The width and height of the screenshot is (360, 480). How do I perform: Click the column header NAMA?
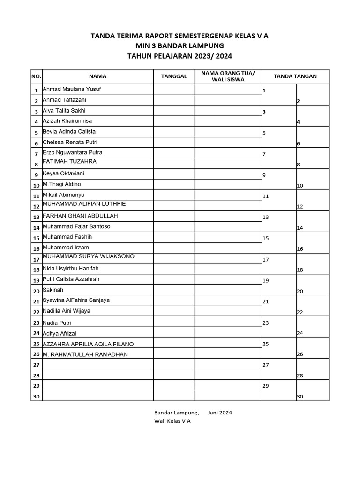click(97, 76)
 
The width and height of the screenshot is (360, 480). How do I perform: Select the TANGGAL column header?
click(174, 76)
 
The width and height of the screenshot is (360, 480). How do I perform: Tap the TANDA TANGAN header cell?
click(295, 76)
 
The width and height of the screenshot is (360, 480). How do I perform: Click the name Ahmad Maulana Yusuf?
click(72, 89)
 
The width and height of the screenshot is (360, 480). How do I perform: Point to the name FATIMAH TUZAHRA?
click(69, 162)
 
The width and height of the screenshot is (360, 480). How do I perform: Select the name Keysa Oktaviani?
click(64, 173)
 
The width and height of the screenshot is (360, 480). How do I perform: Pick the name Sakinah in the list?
click(52, 290)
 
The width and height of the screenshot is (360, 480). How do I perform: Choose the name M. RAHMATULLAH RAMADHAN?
click(85, 355)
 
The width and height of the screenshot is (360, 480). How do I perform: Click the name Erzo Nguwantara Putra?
click(72, 153)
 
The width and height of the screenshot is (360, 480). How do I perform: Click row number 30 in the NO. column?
click(36, 397)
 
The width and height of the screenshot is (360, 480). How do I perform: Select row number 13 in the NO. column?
click(36, 217)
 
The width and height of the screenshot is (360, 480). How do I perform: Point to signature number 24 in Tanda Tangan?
click(300, 334)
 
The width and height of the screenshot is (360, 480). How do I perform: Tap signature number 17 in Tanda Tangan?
click(266, 260)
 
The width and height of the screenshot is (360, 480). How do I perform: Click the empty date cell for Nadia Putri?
click(174, 323)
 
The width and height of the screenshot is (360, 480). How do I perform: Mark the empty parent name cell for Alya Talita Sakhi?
click(228, 111)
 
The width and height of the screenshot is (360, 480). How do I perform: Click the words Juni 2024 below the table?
click(219, 413)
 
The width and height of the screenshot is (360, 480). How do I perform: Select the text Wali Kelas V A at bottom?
click(172, 421)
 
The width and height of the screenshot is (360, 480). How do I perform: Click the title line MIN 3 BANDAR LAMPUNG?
click(180, 46)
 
